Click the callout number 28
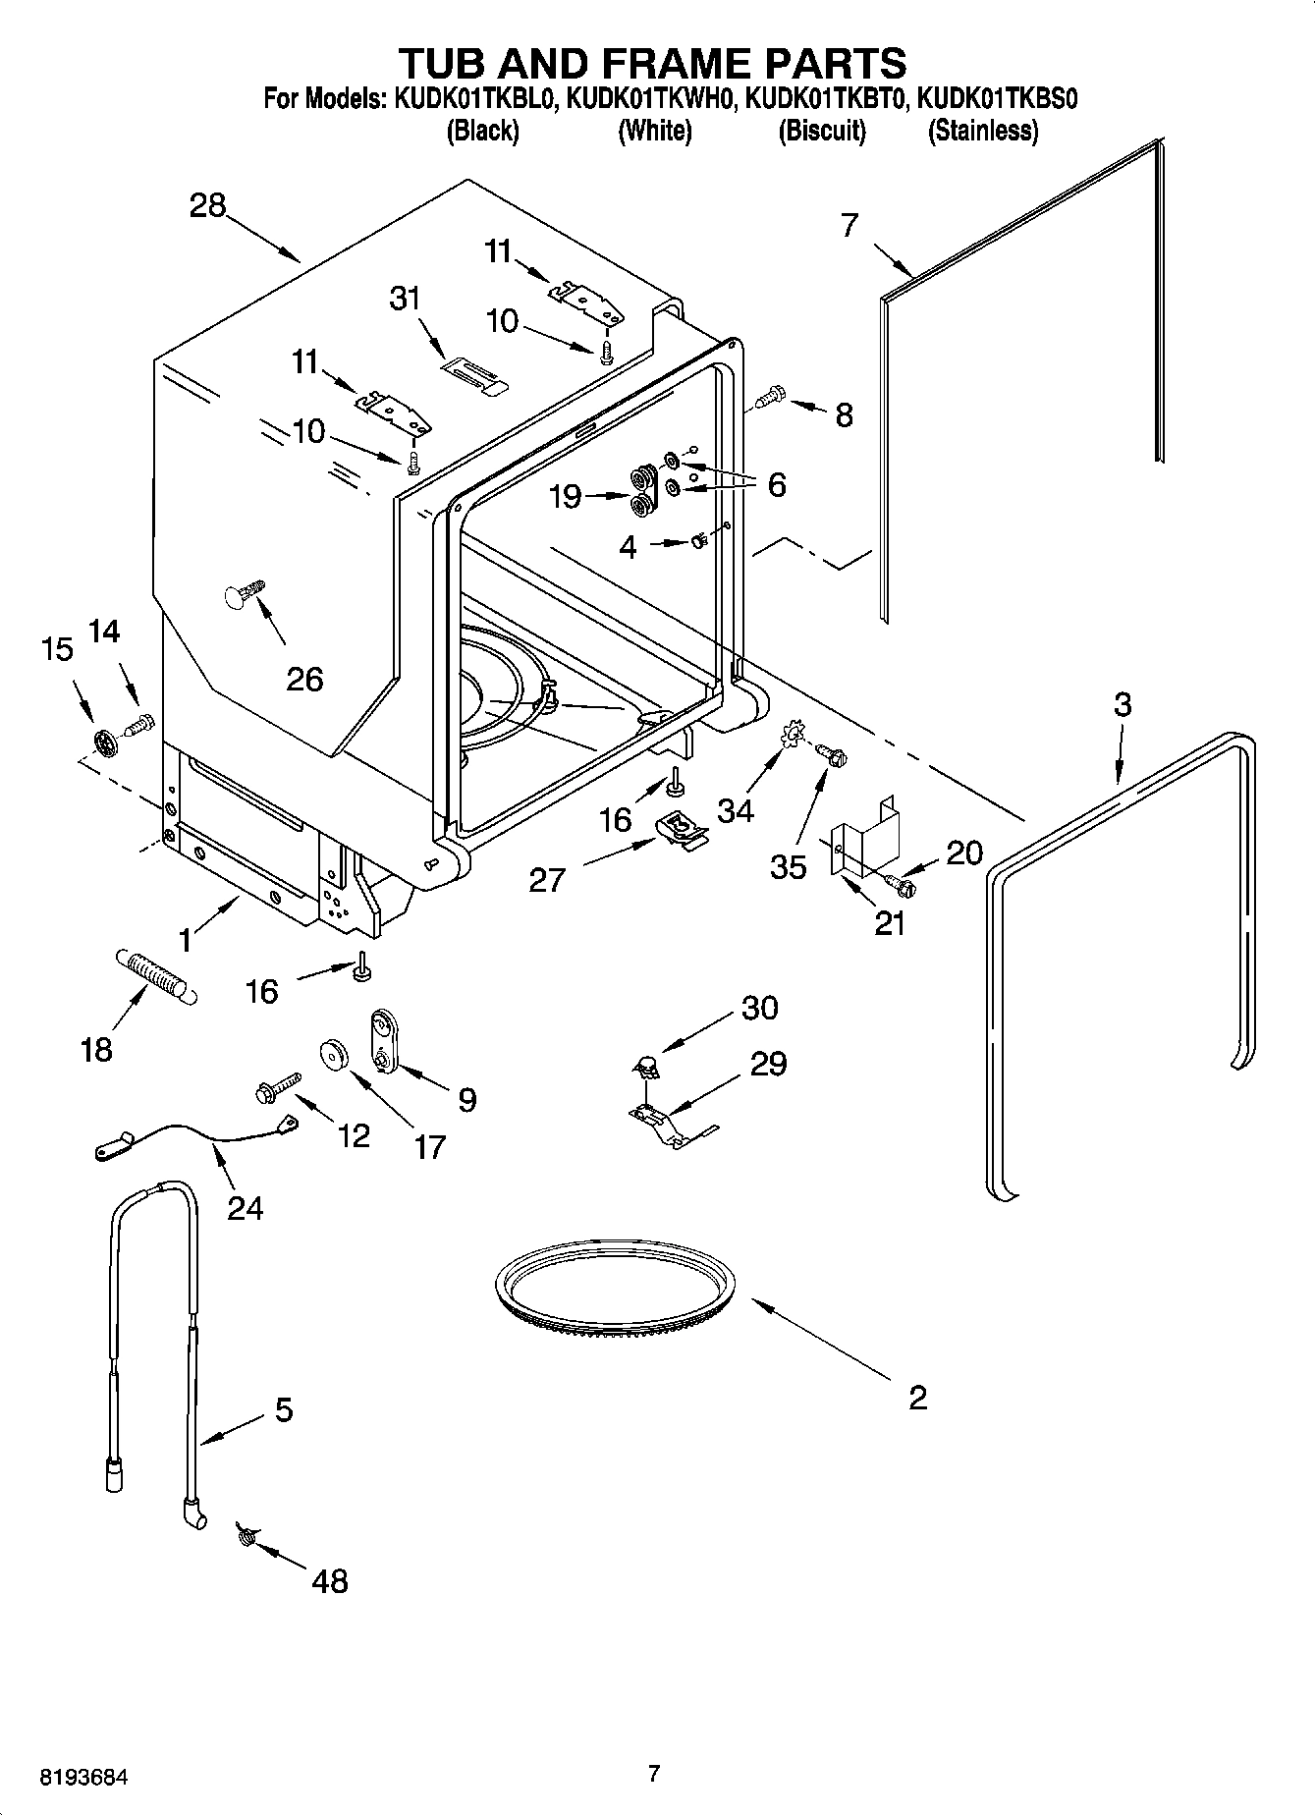[207, 206]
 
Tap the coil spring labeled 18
[158, 975]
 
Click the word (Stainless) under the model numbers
[982, 131]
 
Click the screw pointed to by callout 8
[771, 396]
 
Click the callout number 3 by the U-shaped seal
[1122, 704]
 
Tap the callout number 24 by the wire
[245, 1206]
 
